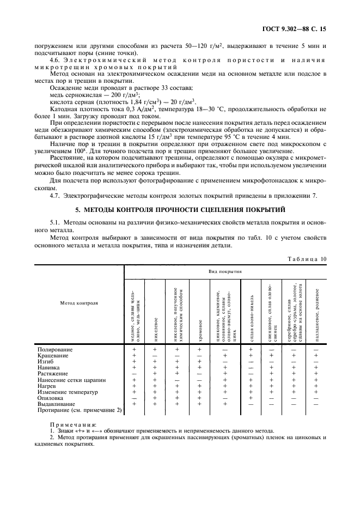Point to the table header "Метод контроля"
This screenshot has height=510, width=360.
[x=80, y=302]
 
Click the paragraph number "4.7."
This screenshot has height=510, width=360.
[x=55, y=196]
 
